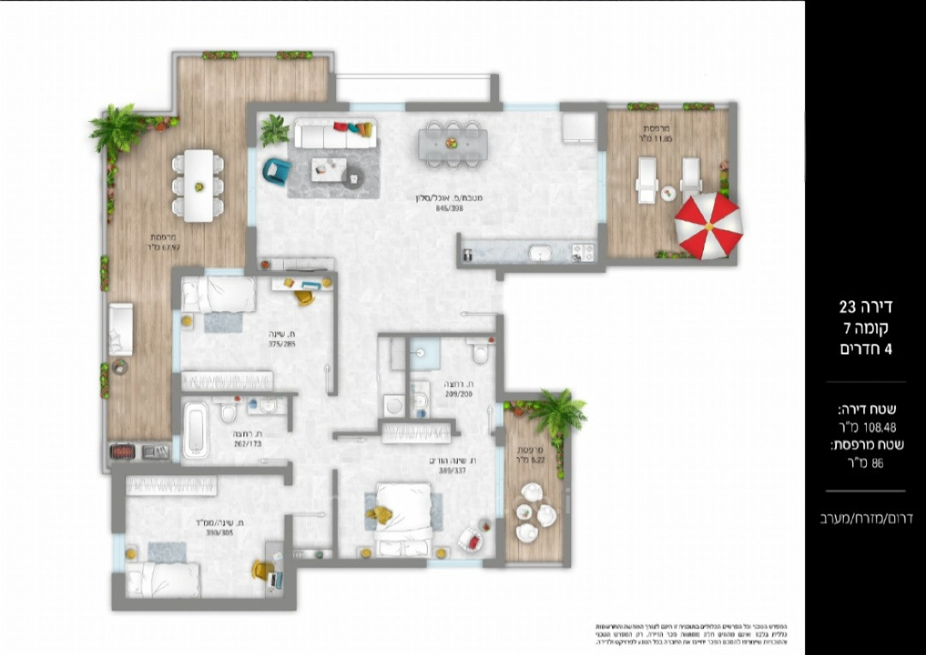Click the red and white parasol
(x=708, y=225)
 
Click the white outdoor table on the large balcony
(x=199, y=184)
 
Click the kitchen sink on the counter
(x=540, y=253)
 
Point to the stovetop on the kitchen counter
(x=582, y=252)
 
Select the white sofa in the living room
(x=334, y=134)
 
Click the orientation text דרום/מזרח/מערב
(x=867, y=518)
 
